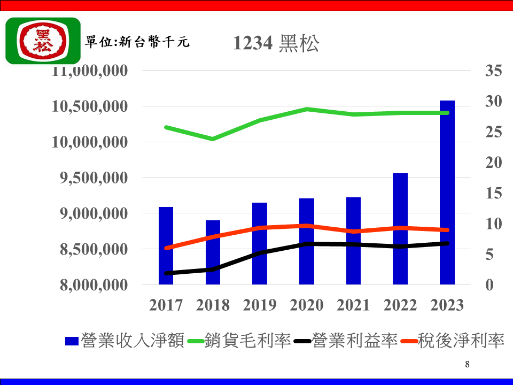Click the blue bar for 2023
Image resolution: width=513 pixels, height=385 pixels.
pos(447,192)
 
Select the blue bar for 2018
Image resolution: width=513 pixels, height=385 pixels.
pos(213,252)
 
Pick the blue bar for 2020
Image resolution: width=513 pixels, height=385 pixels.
pos(307,241)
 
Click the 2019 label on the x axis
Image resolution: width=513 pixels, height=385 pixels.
pos(260,305)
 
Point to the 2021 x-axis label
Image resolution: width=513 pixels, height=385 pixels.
pos(353,305)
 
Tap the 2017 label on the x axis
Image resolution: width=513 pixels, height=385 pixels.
pos(166,305)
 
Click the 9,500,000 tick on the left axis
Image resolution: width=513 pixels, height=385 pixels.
pos(90,178)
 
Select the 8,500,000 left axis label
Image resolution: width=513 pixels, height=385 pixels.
pos(90,249)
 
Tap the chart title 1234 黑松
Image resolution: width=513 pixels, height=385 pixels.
pos(276,44)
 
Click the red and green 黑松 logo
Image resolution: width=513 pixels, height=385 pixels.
pos(43,41)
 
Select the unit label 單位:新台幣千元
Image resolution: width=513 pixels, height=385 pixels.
pos(137,42)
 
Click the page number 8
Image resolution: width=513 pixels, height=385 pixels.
pos(467,365)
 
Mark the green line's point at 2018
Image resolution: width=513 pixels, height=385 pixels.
pos(213,139)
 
